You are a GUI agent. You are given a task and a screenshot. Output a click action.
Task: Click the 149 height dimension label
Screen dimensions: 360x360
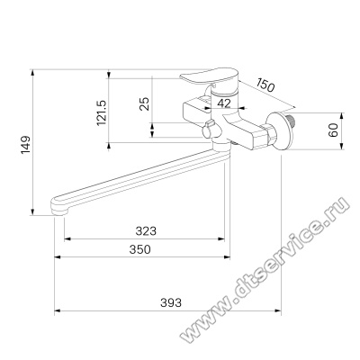tap(25, 145)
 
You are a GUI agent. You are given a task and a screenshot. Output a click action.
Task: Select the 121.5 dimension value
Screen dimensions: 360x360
tap(102, 112)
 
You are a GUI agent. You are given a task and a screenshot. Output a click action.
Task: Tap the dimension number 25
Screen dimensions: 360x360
tap(145, 103)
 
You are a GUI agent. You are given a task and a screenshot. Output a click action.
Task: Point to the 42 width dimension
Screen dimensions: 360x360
tap(224, 103)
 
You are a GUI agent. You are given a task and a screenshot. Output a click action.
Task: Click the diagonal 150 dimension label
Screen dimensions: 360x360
tap(265, 85)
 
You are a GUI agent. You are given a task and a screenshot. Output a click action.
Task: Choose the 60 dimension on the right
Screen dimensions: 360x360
tap(333, 130)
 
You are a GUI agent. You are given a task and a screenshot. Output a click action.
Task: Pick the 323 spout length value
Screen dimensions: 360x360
tap(146, 231)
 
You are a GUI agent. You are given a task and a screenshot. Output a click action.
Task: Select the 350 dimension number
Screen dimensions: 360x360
tap(139, 249)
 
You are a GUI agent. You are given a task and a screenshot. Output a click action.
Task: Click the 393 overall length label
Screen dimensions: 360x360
tap(171, 302)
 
